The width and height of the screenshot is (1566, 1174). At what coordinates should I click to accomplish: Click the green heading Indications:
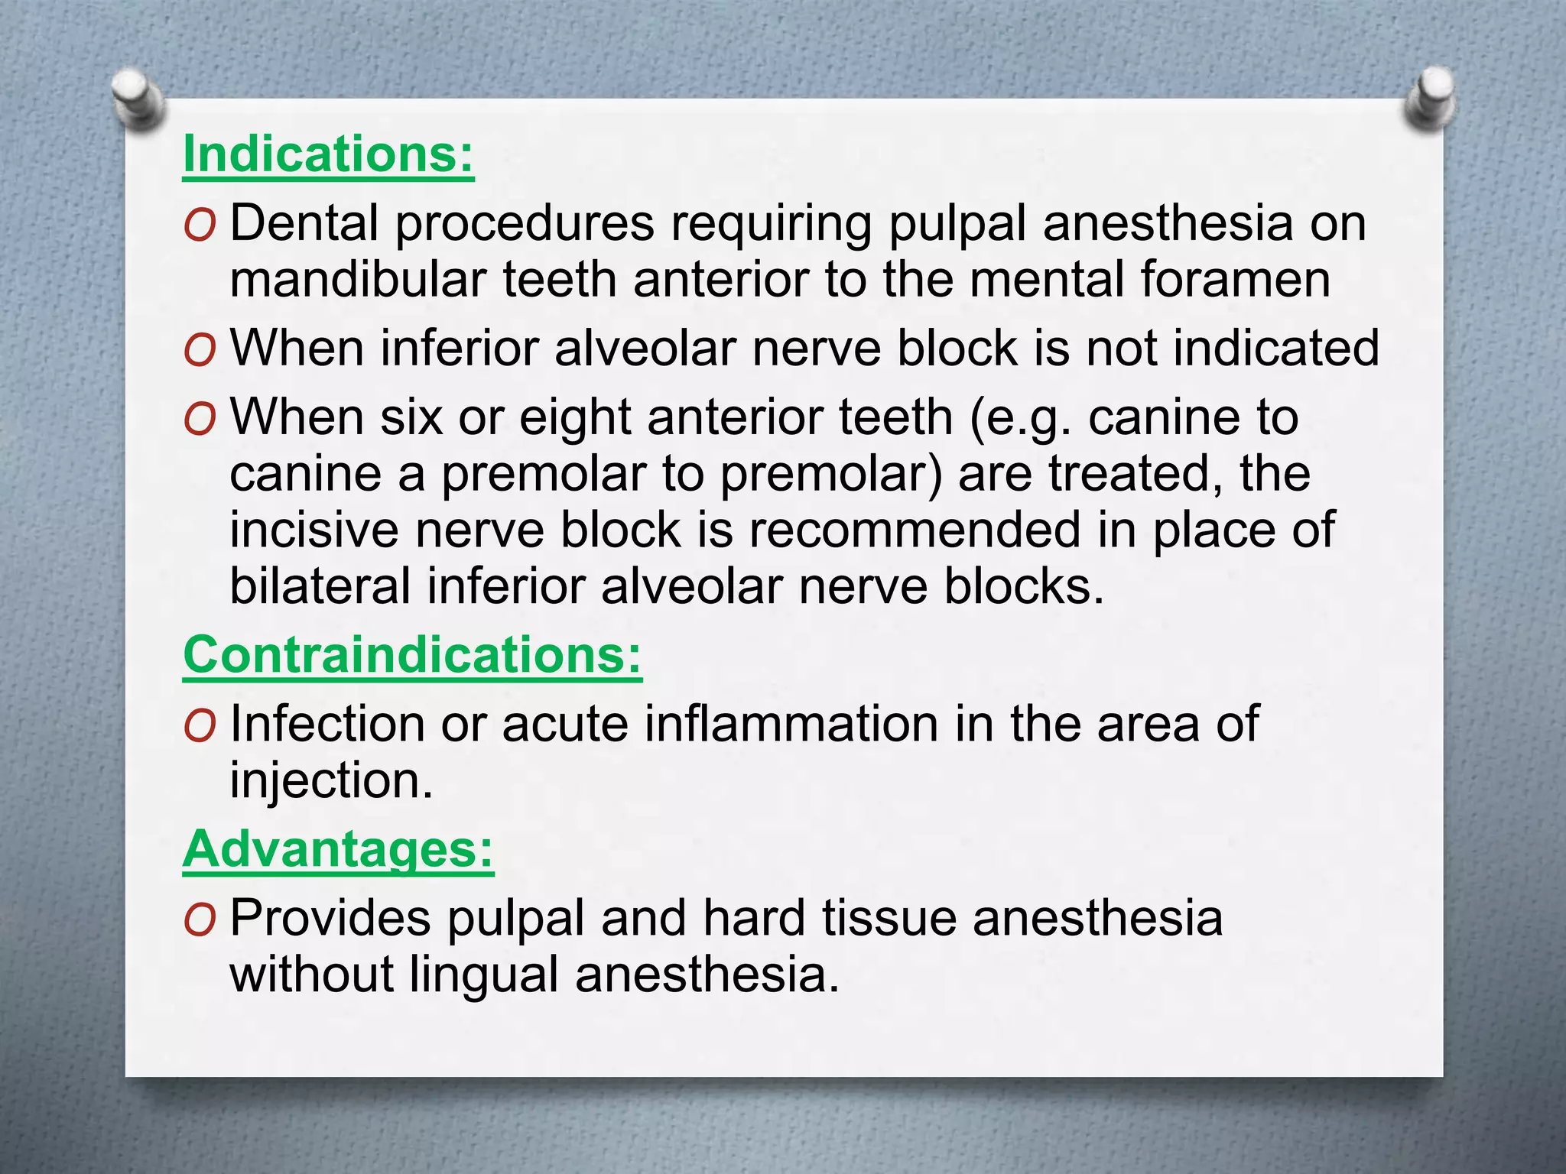[x=328, y=155]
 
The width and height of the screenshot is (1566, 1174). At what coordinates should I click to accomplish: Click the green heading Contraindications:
[x=412, y=656]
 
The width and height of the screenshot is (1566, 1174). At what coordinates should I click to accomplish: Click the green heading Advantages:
[x=338, y=850]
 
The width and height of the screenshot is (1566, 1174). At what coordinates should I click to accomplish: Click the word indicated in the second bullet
[x=1276, y=349]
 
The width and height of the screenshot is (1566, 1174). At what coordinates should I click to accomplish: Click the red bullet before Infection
[x=200, y=726]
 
